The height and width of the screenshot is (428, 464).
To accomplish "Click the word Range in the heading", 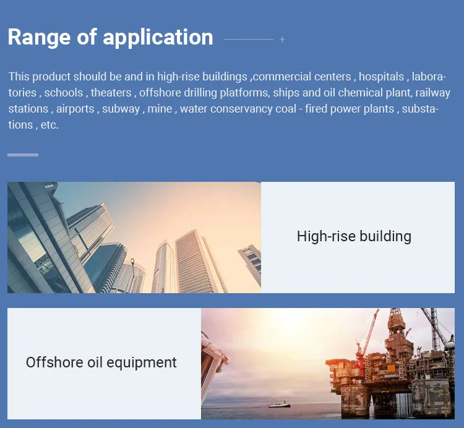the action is click(x=39, y=38).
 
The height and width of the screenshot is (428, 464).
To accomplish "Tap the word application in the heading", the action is click(x=158, y=38).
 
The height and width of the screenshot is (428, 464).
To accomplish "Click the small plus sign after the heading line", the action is click(x=282, y=39).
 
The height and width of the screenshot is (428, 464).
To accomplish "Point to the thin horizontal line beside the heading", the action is click(x=249, y=39).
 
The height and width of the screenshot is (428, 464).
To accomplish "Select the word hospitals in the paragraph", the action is click(x=381, y=77).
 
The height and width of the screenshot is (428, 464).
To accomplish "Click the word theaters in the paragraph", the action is click(x=111, y=93).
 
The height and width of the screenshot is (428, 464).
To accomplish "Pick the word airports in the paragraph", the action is click(x=75, y=109).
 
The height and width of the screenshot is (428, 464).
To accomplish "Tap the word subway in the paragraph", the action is click(x=121, y=109).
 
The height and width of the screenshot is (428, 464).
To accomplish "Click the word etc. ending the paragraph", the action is click(x=49, y=125).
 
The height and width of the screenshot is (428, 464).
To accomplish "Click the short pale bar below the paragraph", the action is click(x=23, y=155).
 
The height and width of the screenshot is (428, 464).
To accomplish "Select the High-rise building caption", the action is click(x=354, y=237).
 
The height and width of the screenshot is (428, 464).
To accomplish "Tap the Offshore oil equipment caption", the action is click(x=101, y=362).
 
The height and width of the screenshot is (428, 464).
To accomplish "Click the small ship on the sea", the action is click(x=280, y=404).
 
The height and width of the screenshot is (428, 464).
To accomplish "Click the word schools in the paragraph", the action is click(x=64, y=93).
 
